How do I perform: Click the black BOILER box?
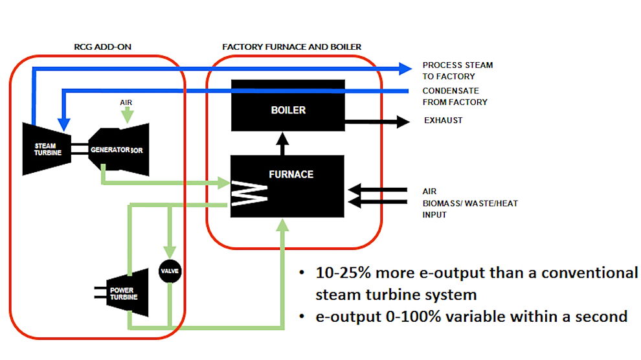click(288, 109)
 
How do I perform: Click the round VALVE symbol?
click(170, 271)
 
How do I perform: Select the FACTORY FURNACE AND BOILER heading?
click(291, 47)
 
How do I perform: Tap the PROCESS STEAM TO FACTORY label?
click(457, 71)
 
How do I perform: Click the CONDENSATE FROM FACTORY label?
click(455, 96)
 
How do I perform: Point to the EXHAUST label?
click(443, 120)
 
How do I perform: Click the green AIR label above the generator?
click(128, 102)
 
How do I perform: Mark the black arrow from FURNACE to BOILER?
click(282, 144)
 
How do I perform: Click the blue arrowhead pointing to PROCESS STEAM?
click(406, 67)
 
